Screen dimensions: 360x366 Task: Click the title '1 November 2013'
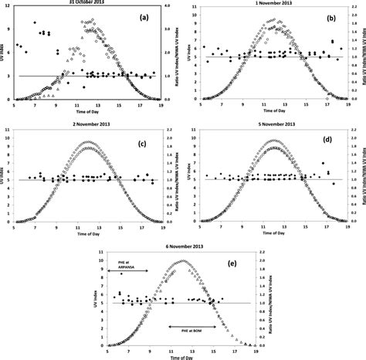point(268,5)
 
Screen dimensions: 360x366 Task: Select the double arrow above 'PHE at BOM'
point(193,327)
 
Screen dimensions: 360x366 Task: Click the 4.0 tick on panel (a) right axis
point(177,10)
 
